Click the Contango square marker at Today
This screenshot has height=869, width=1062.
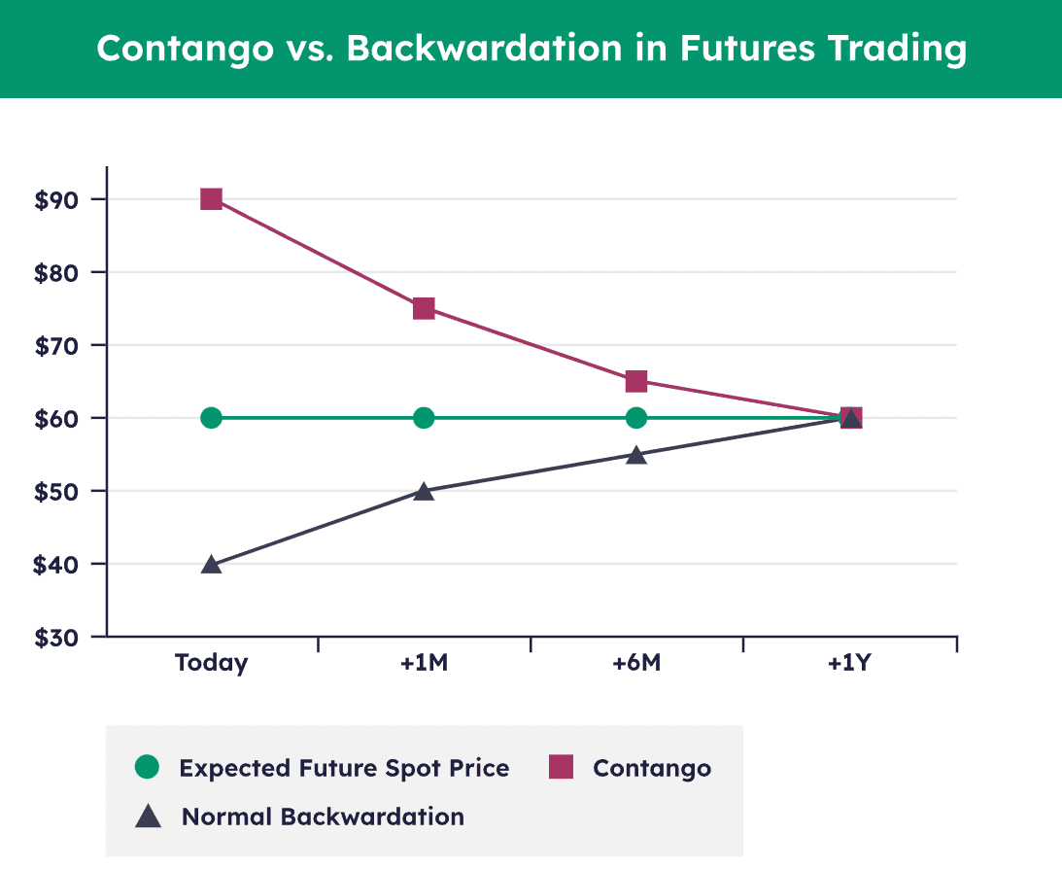pyautogui.click(x=211, y=199)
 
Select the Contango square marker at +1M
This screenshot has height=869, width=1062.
pyautogui.click(x=424, y=309)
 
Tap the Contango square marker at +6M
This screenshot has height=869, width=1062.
pyautogui.click(x=636, y=381)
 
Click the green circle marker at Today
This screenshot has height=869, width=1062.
pyautogui.click(x=211, y=418)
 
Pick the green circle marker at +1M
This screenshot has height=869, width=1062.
pyautogui.click(x=424, y=418)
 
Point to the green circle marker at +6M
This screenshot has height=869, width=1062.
pyautogui.click(x=636, y=418)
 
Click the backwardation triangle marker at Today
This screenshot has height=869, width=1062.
pyautogui.click(x=211, y=565)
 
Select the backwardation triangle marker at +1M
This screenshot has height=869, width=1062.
pyautogui.click(x=424, y=492)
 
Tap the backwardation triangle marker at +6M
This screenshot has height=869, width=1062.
pyautogui.click(x=636, y=456)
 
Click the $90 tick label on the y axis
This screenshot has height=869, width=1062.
pyautogui.click(x=55, y=199)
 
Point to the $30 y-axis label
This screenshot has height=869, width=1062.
pyautogui.click(x=55, y=638)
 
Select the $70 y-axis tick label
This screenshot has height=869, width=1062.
pyautogui.click(x=55, y=345)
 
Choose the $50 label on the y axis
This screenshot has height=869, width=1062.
pyautogui.click(x=55, y=491)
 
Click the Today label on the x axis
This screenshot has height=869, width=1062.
pyautogui.click(x=211, y=664)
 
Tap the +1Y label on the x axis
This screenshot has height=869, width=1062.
pyautogui.click(x=850, y=664)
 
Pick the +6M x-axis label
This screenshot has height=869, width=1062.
pyautogui.click(x=636, y=664)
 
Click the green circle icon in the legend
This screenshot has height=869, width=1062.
pyautogui.click(x=147, y=767)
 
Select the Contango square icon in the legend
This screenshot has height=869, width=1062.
pyautogui.click(x=561, y=767)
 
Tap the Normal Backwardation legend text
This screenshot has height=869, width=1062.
pyautogui.click(x=323, y=817)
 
